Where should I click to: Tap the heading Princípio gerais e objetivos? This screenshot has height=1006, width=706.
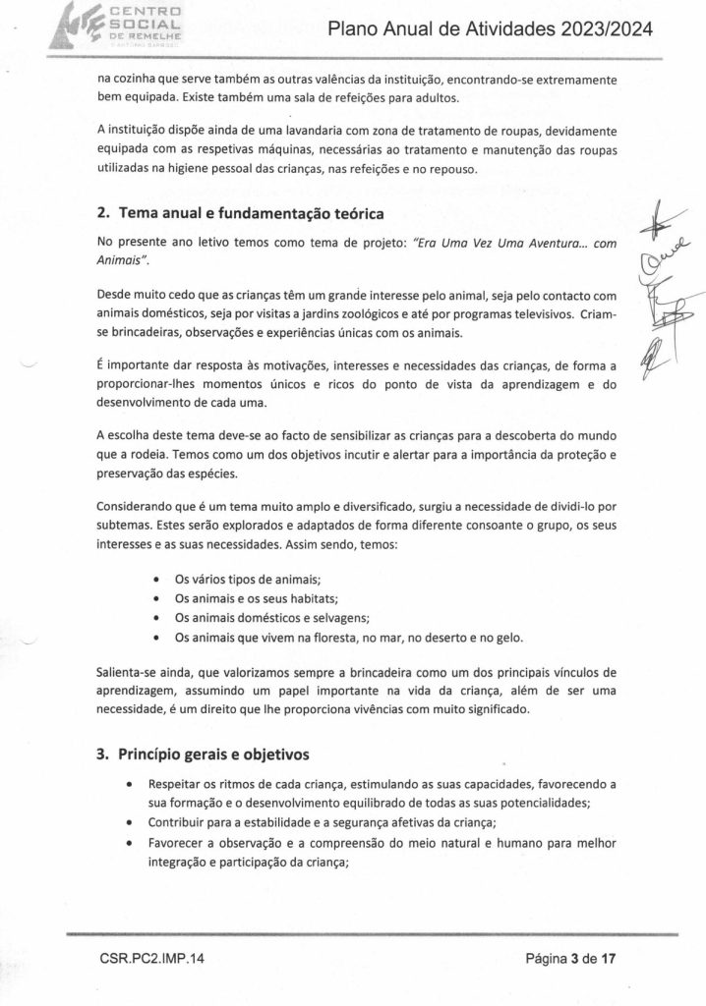click(x=213, y=755)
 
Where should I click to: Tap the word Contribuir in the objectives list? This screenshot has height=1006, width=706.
click(x=178, y=820)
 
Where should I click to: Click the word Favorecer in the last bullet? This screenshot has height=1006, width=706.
click(x=177, y=841)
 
